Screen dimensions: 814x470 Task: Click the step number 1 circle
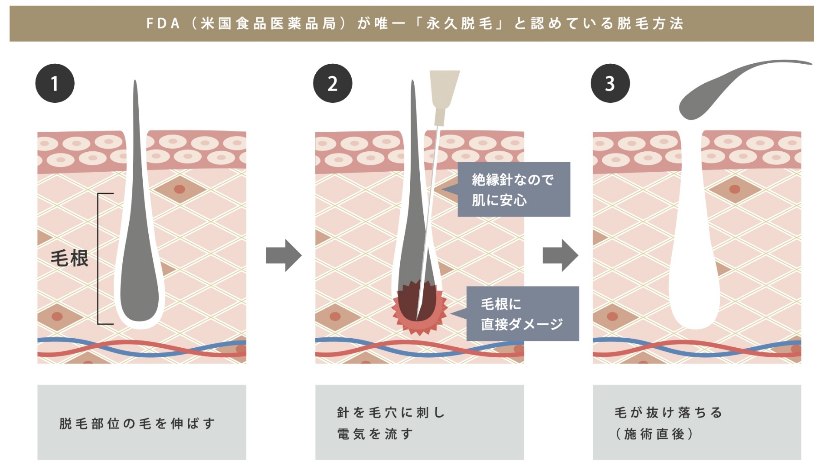click(55, 83)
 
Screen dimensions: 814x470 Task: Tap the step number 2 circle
click(333, 83)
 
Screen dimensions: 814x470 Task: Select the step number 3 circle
click(610, 83)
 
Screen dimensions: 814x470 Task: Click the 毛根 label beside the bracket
click(69, 258)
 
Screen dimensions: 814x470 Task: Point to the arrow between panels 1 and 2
click(284, 255)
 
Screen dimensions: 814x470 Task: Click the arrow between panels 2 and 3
click(560, 255)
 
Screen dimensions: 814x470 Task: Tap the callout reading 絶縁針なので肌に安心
click(514, 189)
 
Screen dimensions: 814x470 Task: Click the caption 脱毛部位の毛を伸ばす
click(137, 423)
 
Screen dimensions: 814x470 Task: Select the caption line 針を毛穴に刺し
click(391, 412)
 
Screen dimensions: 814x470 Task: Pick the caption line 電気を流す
click(375, 434)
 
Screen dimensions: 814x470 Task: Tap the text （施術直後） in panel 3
click(654, 434)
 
